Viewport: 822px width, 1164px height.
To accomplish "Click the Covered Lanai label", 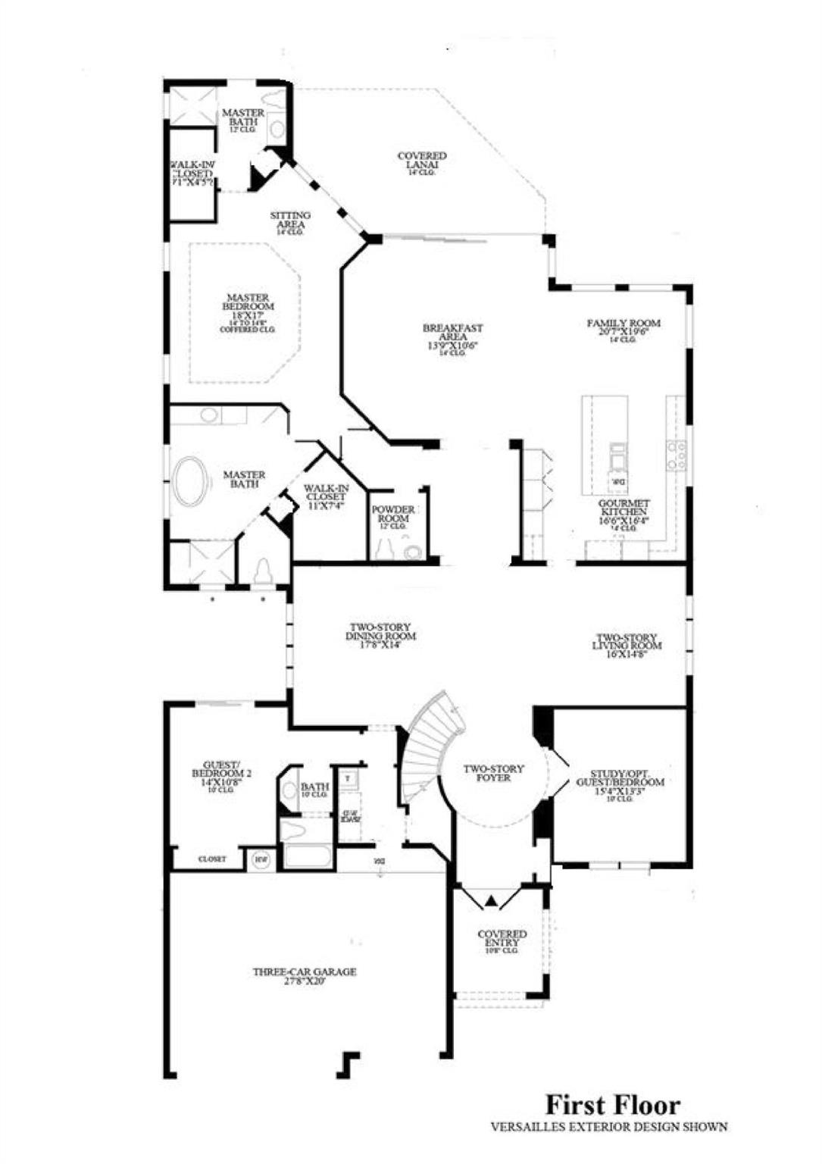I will point(422,163).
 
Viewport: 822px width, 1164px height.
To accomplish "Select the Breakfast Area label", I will point(453,336).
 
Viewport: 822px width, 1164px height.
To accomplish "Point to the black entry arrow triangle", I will point(492,901).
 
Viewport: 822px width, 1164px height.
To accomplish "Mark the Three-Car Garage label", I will point(305,975).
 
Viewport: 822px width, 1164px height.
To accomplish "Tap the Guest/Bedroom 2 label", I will point(221,777).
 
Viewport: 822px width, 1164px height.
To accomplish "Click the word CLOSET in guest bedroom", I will point(212,859).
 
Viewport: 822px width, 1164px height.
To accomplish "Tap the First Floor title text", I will point(613,1104).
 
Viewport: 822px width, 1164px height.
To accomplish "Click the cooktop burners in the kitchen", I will point(677,456).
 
